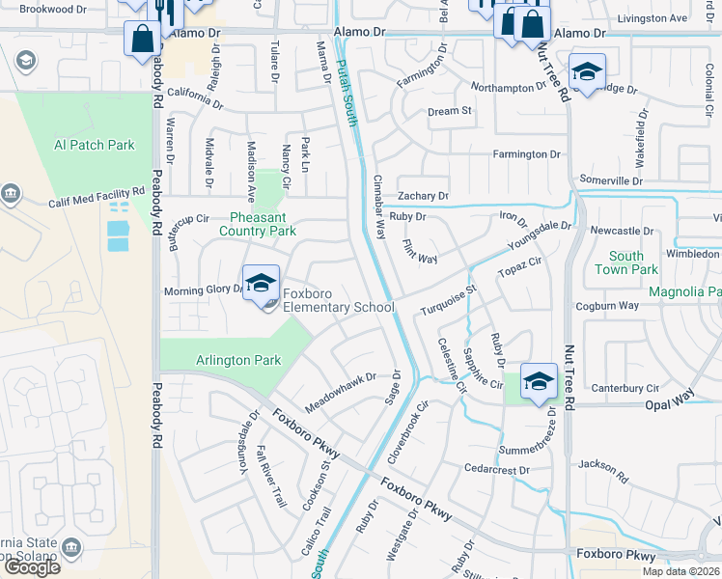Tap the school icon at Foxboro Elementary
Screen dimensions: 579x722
tap(261, 283)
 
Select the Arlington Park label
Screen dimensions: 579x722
tap(238, 361)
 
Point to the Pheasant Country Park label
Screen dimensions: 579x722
tap(257, 225)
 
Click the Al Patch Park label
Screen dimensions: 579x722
tap(95, 145)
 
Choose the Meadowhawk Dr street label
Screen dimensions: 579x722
tap(339, 391)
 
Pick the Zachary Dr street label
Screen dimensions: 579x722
tap(423, 196)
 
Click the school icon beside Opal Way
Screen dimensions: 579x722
tap(539, 379)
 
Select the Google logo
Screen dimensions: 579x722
tap(33, 566)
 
